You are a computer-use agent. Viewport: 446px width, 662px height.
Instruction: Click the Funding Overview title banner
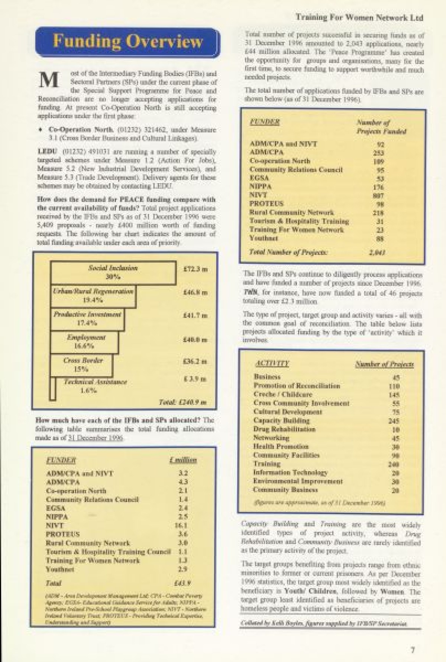click(127, 42)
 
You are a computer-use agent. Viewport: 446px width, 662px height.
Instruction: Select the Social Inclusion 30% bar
click(113, 273)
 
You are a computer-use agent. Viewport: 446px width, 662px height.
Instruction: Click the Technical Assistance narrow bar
click(53, 389)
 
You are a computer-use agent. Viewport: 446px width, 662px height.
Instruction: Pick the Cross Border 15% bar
click(81, 365)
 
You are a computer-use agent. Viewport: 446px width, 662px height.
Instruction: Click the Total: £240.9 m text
click(182, 402)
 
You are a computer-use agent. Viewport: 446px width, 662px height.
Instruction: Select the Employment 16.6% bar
click(84, 342)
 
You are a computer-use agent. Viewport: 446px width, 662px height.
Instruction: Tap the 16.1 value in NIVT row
click(181, 525)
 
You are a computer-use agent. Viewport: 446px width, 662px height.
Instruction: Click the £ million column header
click(183, 460)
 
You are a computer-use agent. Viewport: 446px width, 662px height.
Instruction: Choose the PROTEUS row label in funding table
click(63, 534)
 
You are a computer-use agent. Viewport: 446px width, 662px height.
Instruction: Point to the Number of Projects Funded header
click(381, 127)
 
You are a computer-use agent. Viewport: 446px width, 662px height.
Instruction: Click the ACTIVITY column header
click(272, 364)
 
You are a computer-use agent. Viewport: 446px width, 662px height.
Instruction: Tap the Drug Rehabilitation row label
click(284, 429)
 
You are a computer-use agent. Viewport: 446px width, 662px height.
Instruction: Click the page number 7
click(413, 650)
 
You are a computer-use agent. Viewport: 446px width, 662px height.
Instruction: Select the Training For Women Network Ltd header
click(359, 17)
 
